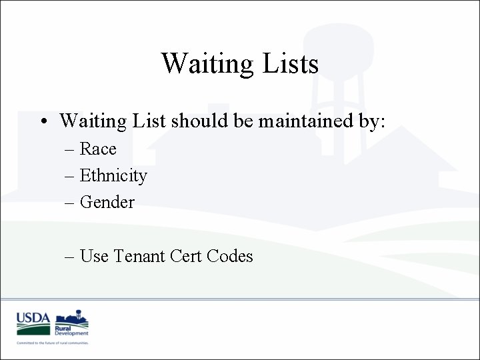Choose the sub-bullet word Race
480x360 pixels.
(x=98, y=149)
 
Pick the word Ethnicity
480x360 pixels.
(x=113, y=176)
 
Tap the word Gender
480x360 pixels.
(x=107, y=202)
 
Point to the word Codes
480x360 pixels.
(x=231, y=256)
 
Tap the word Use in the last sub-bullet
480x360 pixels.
(x=94, y=256)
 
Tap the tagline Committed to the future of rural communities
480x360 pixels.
(x=53, y=343)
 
